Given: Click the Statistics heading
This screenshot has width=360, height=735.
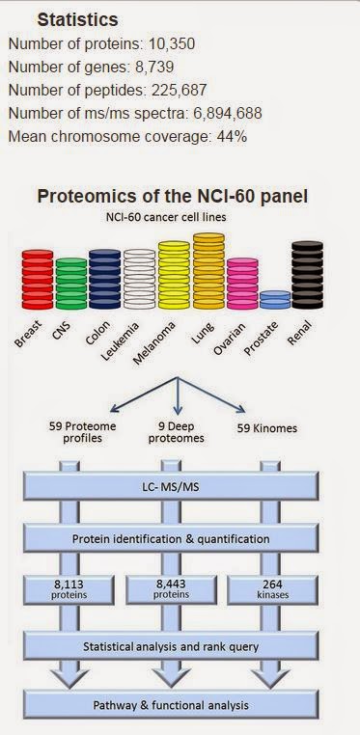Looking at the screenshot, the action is [77, 20].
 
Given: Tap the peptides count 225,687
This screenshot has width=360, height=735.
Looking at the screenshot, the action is [179, 90].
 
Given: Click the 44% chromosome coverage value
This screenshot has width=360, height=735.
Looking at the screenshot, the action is [232, 136].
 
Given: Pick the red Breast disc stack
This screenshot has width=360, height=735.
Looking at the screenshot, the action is [38, 280].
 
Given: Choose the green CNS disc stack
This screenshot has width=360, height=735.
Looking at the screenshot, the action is [71, 284].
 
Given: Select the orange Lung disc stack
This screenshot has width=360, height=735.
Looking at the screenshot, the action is [208, 271].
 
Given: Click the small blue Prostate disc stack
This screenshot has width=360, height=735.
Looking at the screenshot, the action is [275, 300].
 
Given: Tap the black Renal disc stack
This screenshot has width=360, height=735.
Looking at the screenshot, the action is [308, 275].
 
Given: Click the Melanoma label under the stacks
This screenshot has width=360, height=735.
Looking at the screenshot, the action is [153, 342].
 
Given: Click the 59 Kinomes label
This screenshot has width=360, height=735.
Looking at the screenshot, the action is [266, 428].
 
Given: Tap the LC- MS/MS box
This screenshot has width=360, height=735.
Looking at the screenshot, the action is [171, 486].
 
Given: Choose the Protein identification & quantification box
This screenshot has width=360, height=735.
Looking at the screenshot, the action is [171, 538].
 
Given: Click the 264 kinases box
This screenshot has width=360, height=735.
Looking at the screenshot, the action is [272, 589].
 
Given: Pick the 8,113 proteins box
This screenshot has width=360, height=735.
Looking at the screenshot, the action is [69, 589].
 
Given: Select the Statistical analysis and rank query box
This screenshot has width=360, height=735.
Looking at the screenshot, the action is [171, 646].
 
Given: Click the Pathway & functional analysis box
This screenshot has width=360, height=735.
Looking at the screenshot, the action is [171, 704].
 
